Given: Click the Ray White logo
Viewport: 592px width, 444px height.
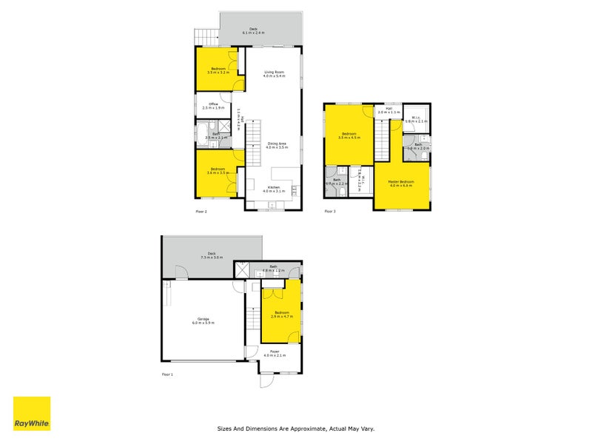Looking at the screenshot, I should [32, 414].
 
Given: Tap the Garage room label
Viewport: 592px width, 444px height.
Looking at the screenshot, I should [203, 320].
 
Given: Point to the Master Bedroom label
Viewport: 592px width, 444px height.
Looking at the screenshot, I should [401, 183].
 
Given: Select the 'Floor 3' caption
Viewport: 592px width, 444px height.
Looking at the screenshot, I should [330, 212].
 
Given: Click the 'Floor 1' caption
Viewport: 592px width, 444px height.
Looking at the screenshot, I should [167, 375].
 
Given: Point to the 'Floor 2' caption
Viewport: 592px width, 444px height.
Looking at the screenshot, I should [201, 212].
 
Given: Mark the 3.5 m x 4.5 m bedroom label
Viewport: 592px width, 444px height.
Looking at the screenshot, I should [348, 136].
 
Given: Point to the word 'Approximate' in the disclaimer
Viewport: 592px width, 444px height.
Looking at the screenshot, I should [309, 428].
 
